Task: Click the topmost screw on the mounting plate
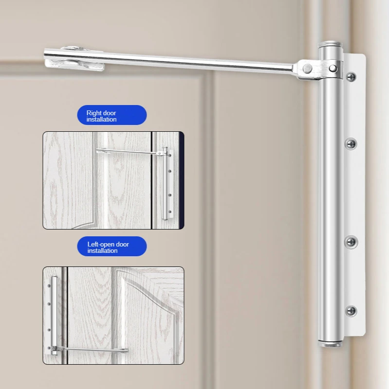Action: click(x=351, y=77)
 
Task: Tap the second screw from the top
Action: click(x=351, y=143)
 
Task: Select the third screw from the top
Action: click(x=351, y=242)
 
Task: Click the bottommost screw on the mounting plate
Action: click(x=351, y=311)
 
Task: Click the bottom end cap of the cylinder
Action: click(x=331, y=344)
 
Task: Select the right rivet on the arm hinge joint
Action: click(x=333, y=68)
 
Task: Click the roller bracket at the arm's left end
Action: click(x=74, y=59)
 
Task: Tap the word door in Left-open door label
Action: click(x=122, y=245)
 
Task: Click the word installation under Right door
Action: click(x=101, y=119)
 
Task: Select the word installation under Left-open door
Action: click(x=102, y=250)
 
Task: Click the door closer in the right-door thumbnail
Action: click(x=165, y=184)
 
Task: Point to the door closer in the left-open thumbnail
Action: click(x=54, y=316)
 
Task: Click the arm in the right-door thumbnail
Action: click(x=130, y=152)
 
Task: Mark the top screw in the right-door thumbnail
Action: click(x=170, y=156)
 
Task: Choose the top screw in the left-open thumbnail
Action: click(x=49, y=286)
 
